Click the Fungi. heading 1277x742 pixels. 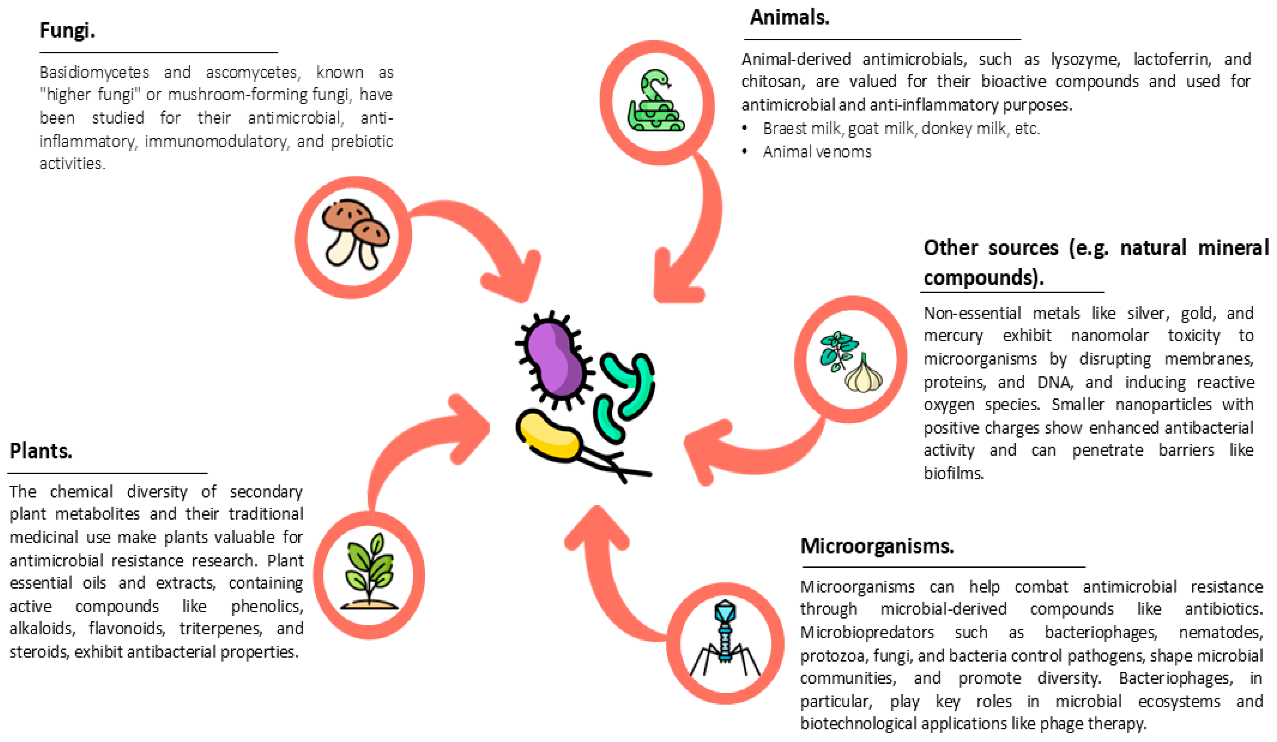pos(67,30)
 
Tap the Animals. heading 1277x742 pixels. pos(789,18)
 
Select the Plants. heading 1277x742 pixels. pos(41,450)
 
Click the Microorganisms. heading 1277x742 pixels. pos(877,546)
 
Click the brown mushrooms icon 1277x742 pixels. pos(355,234)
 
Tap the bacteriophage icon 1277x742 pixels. pos(725,639)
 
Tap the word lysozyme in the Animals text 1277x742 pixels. pos(1085,60)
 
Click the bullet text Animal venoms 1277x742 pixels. pos(817,152)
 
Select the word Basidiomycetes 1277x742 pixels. pos(94,73)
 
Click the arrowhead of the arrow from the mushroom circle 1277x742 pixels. pos(517,279)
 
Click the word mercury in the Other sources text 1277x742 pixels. pos(953,336)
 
